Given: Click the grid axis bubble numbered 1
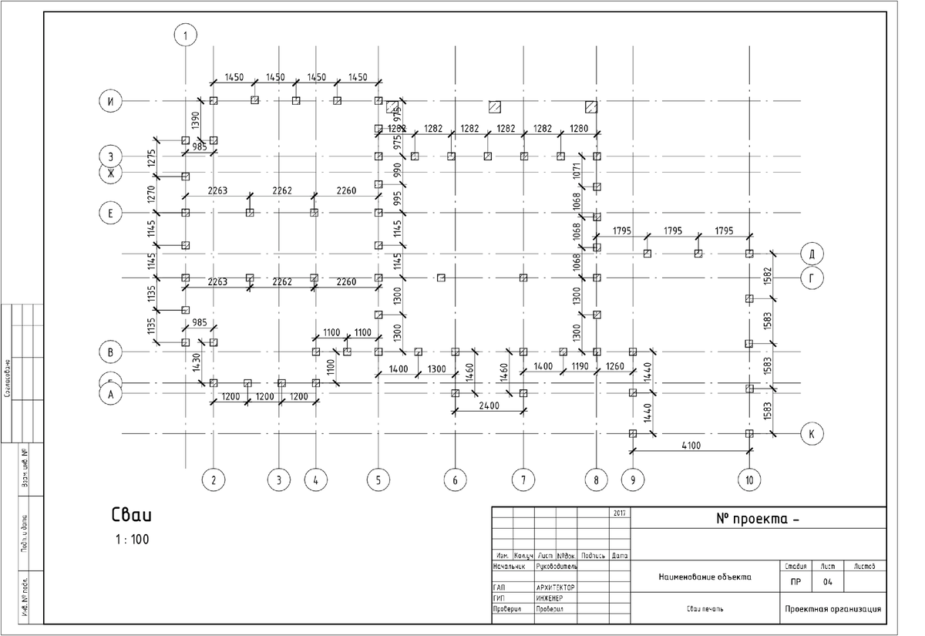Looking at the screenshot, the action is click(x=185, y=35).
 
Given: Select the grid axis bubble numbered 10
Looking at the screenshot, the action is click(x=749, y=481).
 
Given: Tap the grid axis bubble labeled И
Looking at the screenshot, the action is click(x=111, y=101).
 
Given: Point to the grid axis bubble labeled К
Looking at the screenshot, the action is click(x=811, y=434).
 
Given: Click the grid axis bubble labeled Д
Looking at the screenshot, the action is click(x=812, y=253).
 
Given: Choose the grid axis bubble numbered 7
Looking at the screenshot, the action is click(x=523, y=481).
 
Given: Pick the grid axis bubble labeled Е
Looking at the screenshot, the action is click(x=111, y=212).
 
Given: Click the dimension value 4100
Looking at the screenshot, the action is click(x=691, y=445).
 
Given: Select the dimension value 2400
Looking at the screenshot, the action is click(x=489, y=405).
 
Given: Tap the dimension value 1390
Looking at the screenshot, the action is click(x=196, y=120).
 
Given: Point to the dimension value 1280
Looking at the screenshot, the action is click(x=579, y=128).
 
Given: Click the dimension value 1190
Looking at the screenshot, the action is click(x=580, y=365).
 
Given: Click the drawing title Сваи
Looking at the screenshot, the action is click(x=133, y=514).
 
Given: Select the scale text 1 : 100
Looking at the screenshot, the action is click(x=132, y=540).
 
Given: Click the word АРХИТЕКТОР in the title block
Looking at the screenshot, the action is click(x=555, y=587).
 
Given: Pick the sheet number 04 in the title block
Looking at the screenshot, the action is click(x=828, y=582).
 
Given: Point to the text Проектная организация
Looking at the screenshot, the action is click(x=832, y=609).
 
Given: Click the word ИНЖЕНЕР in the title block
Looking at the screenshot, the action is click(x=549, y=598).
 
